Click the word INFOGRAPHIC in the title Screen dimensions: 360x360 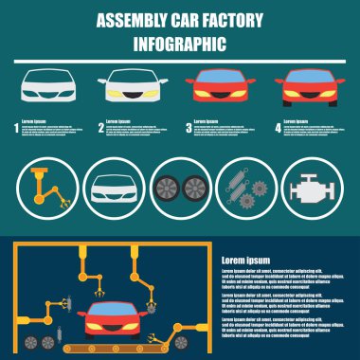pos(180,44)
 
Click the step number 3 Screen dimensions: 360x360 pos(188,124)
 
